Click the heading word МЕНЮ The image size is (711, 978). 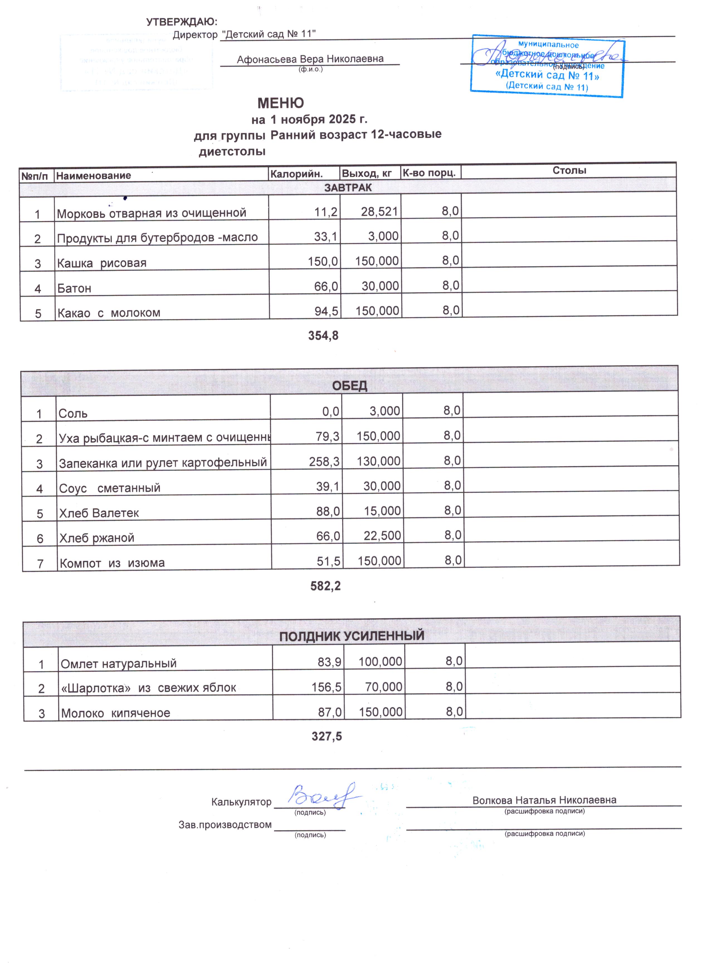[281, 103]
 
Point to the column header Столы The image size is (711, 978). [569, 170]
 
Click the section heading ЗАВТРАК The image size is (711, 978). [347, 188]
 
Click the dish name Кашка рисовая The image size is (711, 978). [102, 263]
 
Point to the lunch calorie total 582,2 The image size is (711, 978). [325, 586]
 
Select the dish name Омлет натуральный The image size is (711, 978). [119, 663]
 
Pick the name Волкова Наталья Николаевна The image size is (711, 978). [544, 800]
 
